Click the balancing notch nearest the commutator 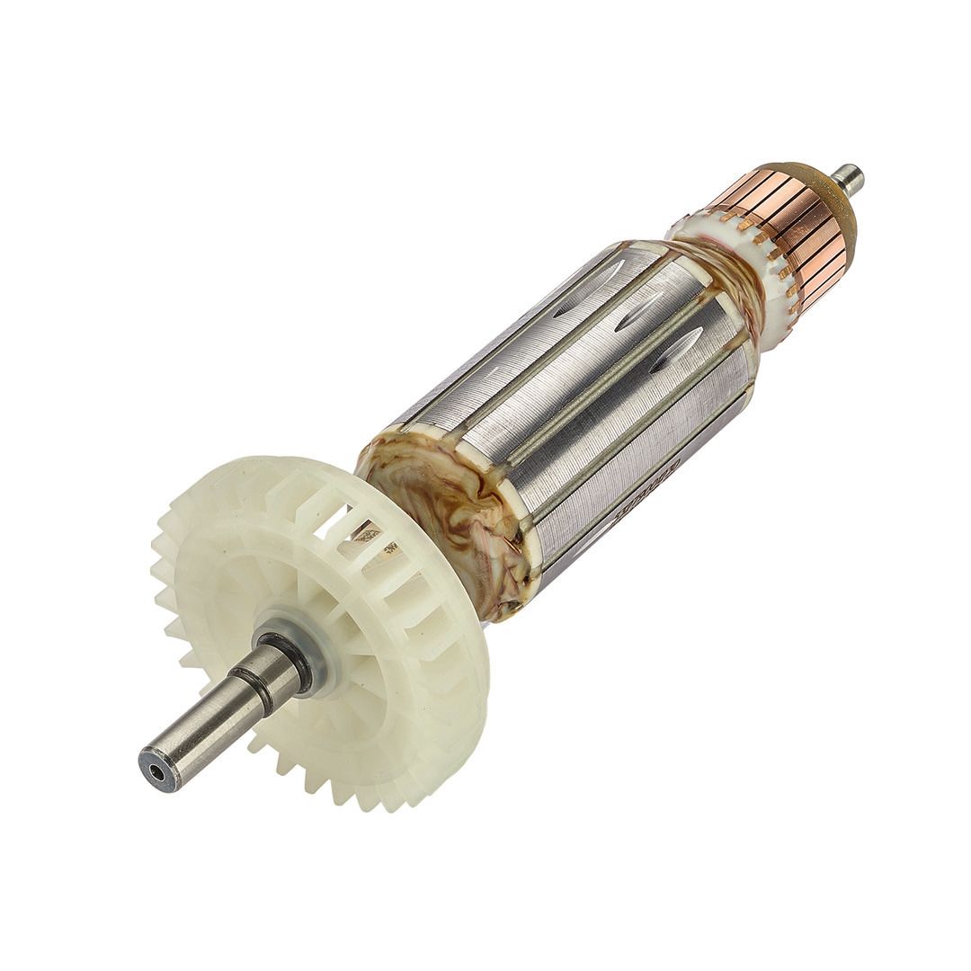(679, 349)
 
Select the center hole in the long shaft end (158, 772)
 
